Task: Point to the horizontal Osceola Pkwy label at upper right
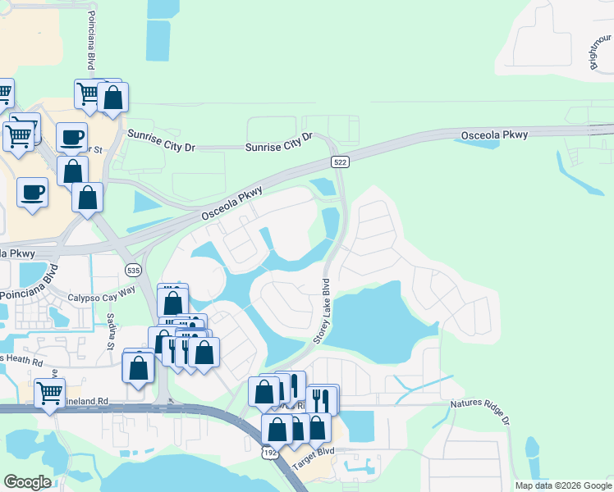click(x=494, y=134)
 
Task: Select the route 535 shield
click(x=132, y=269)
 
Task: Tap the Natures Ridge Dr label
click(x=480, y=410)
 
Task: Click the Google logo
click(x=27, y=482)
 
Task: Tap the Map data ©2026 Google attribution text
click(x=563, y=485)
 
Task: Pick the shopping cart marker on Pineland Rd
click(x=50, y=393)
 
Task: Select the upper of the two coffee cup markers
click(x=71, y=136)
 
